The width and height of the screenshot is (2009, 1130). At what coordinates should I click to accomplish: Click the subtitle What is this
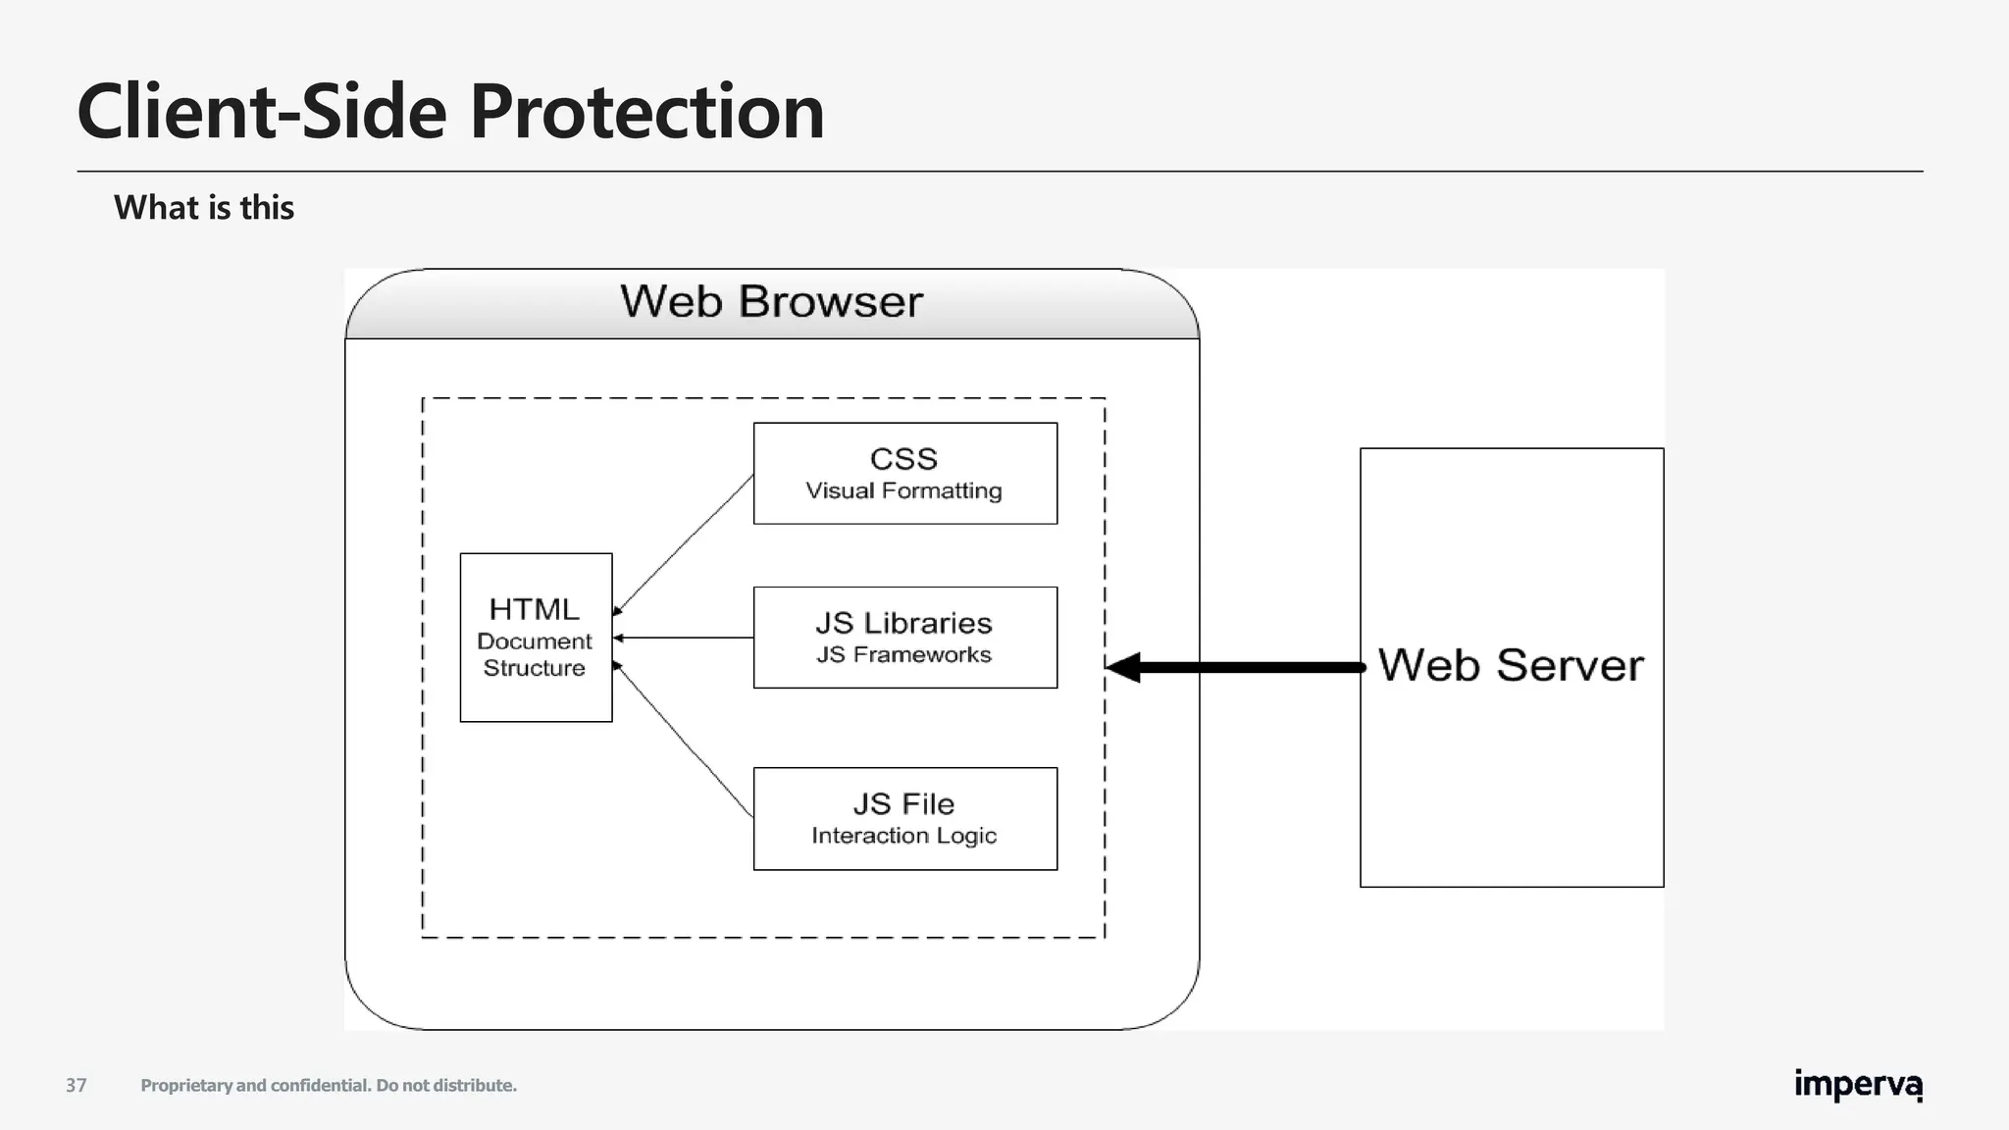point(204,208)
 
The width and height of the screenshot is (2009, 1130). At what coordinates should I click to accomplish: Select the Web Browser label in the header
point(772,301)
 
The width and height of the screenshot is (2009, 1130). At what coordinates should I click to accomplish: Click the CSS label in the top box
point(903,458)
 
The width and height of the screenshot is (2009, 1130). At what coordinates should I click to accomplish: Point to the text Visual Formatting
point(903,490)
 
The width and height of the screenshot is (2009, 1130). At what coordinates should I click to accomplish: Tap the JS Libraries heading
point(903,623)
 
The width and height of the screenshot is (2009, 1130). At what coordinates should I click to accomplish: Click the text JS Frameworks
point(903,654)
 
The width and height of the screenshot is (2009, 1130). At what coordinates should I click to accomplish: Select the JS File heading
point(903,803)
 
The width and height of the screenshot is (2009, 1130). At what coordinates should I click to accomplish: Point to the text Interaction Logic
point(903,836)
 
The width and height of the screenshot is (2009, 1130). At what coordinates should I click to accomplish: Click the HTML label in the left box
point(535,609)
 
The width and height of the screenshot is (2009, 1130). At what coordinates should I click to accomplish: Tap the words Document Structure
point(535,654)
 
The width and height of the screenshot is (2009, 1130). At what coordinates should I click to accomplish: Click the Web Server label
point(1511,665)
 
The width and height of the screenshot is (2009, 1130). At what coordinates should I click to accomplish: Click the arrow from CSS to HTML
point(684,544)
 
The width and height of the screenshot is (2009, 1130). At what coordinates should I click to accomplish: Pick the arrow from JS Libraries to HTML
point(684,638)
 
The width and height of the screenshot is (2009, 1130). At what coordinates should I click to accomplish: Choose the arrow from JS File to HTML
point(684,741)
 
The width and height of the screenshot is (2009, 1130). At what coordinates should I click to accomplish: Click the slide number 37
point(77,1085)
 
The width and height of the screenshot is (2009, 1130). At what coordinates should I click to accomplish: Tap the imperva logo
point(1858,1085)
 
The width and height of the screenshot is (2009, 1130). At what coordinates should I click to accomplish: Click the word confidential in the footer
point(320,1085)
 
